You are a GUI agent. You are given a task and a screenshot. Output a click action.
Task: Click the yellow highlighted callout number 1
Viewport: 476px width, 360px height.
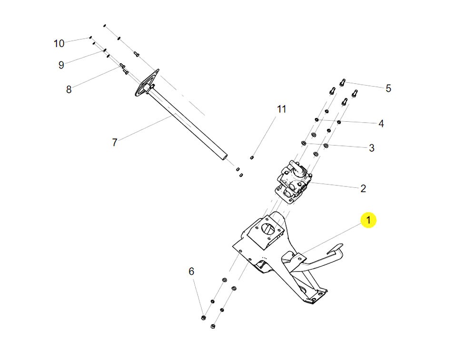point(368,221)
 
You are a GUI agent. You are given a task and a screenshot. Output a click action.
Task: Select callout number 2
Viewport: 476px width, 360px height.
point(363,188)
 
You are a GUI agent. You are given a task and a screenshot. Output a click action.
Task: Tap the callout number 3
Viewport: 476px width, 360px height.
point(372,148)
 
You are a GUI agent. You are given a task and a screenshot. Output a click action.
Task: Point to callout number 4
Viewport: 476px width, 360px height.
point(381,124)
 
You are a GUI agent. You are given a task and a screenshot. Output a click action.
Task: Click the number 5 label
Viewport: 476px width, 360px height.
point(388,88)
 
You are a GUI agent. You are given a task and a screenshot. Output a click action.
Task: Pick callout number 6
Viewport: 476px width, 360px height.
point(191,272)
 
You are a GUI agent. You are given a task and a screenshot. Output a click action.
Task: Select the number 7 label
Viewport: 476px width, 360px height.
point(114,142)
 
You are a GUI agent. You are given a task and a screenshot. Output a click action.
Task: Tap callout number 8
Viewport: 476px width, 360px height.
point(69,89)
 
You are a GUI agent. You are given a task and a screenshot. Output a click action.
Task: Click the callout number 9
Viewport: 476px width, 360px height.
point(61,66)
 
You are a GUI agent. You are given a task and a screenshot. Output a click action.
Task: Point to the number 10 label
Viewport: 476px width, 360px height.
point(59,44)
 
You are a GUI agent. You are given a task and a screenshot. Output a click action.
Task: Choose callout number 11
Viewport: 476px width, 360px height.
point(282,109)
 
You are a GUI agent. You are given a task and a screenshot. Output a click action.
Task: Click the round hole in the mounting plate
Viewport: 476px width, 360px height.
point(268,228)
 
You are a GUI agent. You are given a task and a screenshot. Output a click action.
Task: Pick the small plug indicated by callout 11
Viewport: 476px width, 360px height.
point(252,157)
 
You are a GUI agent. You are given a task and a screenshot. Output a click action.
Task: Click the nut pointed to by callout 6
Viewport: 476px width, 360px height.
point(203,317)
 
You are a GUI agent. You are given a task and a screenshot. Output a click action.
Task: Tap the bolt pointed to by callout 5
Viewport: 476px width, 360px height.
point(342,83)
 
